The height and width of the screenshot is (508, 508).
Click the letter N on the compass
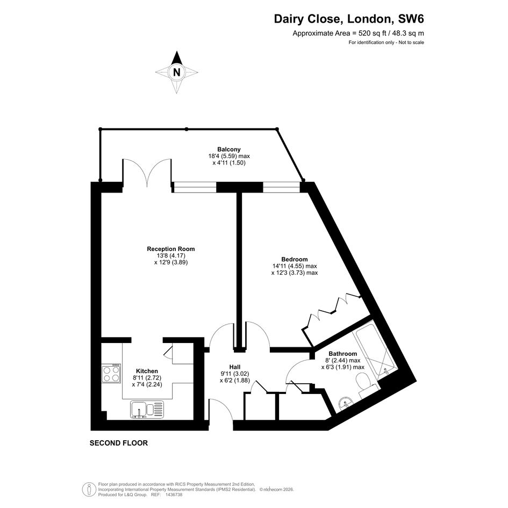(176, 72)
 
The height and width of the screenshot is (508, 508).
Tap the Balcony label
(228, 149)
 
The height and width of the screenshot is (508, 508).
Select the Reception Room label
(171, 249)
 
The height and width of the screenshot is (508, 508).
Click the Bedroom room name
(294, 259)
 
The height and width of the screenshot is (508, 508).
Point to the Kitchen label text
(147, 371)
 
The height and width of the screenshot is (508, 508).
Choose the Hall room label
(234, 367)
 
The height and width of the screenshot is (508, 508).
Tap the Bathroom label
(343, 354)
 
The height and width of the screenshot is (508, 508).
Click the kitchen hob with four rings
(111, 374)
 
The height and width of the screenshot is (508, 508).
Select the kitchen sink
(147, 410)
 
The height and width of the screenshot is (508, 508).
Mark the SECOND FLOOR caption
(119, 443)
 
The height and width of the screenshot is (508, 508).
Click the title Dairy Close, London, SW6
(349, 19)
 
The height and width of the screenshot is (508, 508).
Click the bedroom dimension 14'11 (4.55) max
(295, 266)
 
